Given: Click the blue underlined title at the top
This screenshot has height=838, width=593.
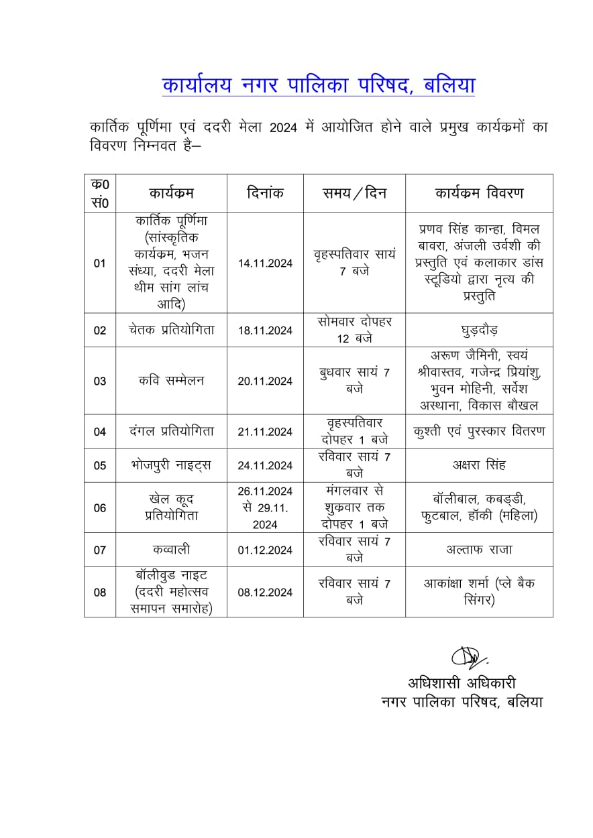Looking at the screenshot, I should click(x=319, y=86).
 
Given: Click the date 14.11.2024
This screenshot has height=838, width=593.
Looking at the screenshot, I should click(x=265, y=263).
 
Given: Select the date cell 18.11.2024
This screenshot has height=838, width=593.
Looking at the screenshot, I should click(x=265, y=331).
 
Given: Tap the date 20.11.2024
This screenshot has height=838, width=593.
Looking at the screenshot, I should click(x=265, y=381).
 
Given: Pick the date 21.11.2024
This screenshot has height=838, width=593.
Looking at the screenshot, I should click(x=265, y=432).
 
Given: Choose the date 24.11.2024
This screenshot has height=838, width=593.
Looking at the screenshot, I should click(x=265, y=466).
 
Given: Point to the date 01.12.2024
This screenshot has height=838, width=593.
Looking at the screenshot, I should click(x=265, y=550).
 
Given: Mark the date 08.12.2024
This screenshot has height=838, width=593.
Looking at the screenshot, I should click(x=265, y=593).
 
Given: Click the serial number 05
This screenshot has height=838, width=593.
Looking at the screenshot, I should click(x=100, y=466).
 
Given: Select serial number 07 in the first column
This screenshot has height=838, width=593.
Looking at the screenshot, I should click(x=100, y=550).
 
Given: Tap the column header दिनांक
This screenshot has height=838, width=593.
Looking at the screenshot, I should click(x=265, y=193).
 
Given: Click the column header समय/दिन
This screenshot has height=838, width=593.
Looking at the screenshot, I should click(x=354, y=193).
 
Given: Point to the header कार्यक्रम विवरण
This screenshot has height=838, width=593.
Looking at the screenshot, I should click(x=479, y=193).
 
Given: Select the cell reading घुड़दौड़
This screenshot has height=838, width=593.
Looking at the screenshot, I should click(x=479, y=331).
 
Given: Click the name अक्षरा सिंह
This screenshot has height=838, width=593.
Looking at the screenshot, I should click(x=479, y=465).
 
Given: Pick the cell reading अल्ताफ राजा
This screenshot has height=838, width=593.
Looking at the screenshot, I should click(x=479, y=550).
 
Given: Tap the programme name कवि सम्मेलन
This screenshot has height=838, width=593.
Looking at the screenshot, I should click(x=171, y=381).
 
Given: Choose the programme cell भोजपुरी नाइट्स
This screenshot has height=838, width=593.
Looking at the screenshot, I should click(x=171, y=465).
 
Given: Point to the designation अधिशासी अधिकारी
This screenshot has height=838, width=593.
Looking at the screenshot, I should click(x=462, y=684).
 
